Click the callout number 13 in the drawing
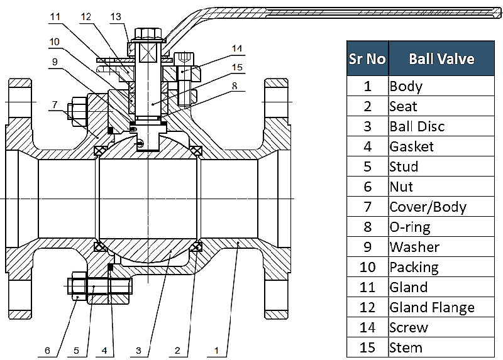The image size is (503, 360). coord(116,17)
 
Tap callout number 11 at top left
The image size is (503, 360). coord(57,17)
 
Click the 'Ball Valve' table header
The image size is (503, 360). coord(441,59)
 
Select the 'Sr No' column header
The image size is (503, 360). coord(367,59)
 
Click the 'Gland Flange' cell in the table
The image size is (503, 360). coord(432,307)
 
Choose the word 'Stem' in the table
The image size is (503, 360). coord(406,347)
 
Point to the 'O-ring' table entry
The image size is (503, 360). coord(411,227)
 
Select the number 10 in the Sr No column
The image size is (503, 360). coord(367,267)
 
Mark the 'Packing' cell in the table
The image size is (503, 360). coord(414,267)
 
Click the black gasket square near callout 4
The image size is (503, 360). coord(111,267)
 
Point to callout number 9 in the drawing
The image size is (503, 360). coord(55,62)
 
